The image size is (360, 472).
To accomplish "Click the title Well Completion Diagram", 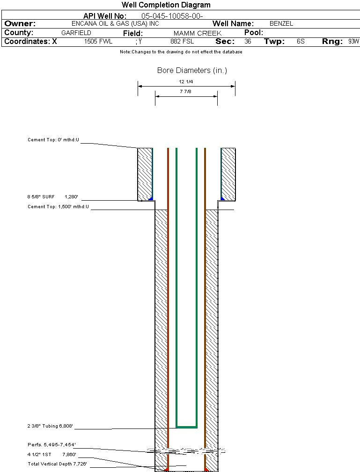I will (x=166, y=5).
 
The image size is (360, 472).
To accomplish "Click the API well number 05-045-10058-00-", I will (x=172, y=16).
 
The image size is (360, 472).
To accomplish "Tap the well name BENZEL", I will (x=281, y=23).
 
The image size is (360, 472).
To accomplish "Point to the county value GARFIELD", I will (x=76, y=33).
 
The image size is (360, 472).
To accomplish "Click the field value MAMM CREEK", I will (x=197, y=33).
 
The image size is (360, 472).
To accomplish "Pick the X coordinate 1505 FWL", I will (x=98, y=42).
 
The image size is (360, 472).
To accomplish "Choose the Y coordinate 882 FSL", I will (x=182, y=42).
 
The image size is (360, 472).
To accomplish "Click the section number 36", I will (x=248, y=42).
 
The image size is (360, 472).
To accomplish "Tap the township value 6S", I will (x=301, y=42).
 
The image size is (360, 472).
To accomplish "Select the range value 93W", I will (x=353, y=42).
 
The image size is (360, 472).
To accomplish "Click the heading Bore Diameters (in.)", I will (x=192, y=71).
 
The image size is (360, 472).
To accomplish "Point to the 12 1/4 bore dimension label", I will (x=186, y=82).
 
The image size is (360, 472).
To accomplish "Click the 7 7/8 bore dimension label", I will (x=186, y=92).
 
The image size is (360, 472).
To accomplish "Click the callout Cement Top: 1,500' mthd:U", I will (x=58, y=206).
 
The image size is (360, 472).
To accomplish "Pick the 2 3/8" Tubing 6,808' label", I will (x=51, y=426).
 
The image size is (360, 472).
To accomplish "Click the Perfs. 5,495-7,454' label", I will (x=51, y=444).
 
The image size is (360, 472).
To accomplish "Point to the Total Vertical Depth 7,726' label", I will (x=58, y=464).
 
